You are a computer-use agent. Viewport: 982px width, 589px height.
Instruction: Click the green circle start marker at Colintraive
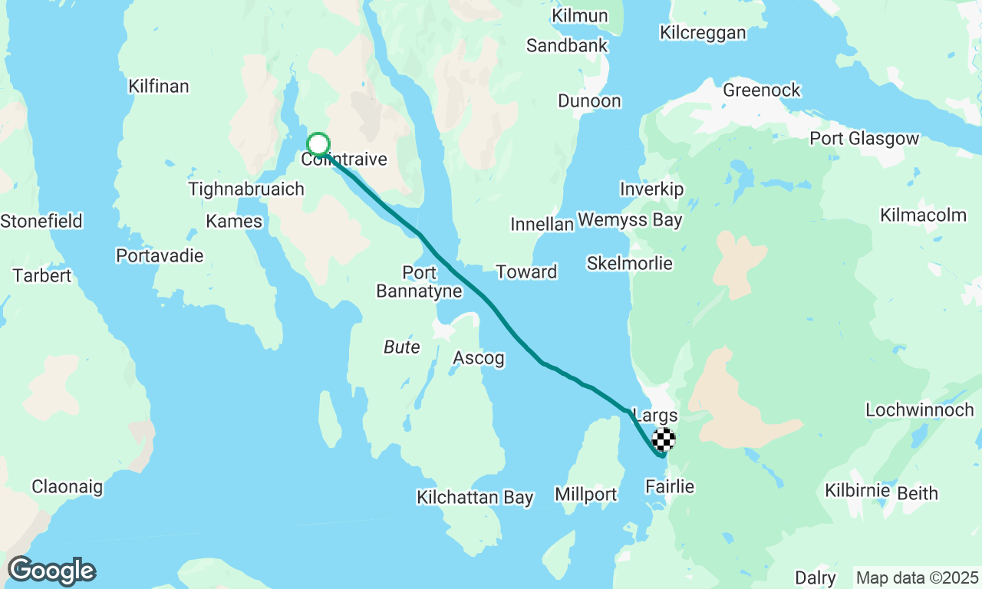coord(318,144)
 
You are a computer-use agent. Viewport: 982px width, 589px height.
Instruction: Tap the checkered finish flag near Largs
coord(664,439)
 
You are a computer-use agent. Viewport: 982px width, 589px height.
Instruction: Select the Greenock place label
coord(762,90)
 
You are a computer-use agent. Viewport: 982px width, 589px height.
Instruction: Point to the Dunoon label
coord(589,101)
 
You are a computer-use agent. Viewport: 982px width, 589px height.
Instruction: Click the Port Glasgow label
coord(865,139)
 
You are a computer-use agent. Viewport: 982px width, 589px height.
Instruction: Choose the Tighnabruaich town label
coord(246,189)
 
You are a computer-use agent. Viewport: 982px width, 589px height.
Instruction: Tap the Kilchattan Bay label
coord(475,497)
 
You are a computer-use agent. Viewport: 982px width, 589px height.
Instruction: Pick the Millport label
coord(586,495)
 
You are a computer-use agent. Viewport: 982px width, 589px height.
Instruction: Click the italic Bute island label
coord(401,347)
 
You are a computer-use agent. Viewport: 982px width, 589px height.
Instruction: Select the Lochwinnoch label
coord(920,410)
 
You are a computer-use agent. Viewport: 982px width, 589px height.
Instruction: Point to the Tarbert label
coord(41,276)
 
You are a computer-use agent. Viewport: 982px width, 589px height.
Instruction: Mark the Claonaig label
coord(67,486)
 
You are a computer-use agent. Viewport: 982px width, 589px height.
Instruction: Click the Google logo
coord(51,571)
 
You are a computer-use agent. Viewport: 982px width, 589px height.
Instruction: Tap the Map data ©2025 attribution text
coord(917,577)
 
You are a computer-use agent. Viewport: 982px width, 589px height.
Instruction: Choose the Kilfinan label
coord(159,86)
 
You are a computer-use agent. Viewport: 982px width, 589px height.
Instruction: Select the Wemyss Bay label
coord(630,221)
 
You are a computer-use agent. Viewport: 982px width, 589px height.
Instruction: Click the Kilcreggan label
coord(703,33)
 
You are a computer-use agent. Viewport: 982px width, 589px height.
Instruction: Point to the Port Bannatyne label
coord(419,281)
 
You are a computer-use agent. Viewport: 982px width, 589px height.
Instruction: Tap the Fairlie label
coord(670,486)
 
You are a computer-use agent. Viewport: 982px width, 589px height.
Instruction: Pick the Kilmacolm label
coord(924,215)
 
